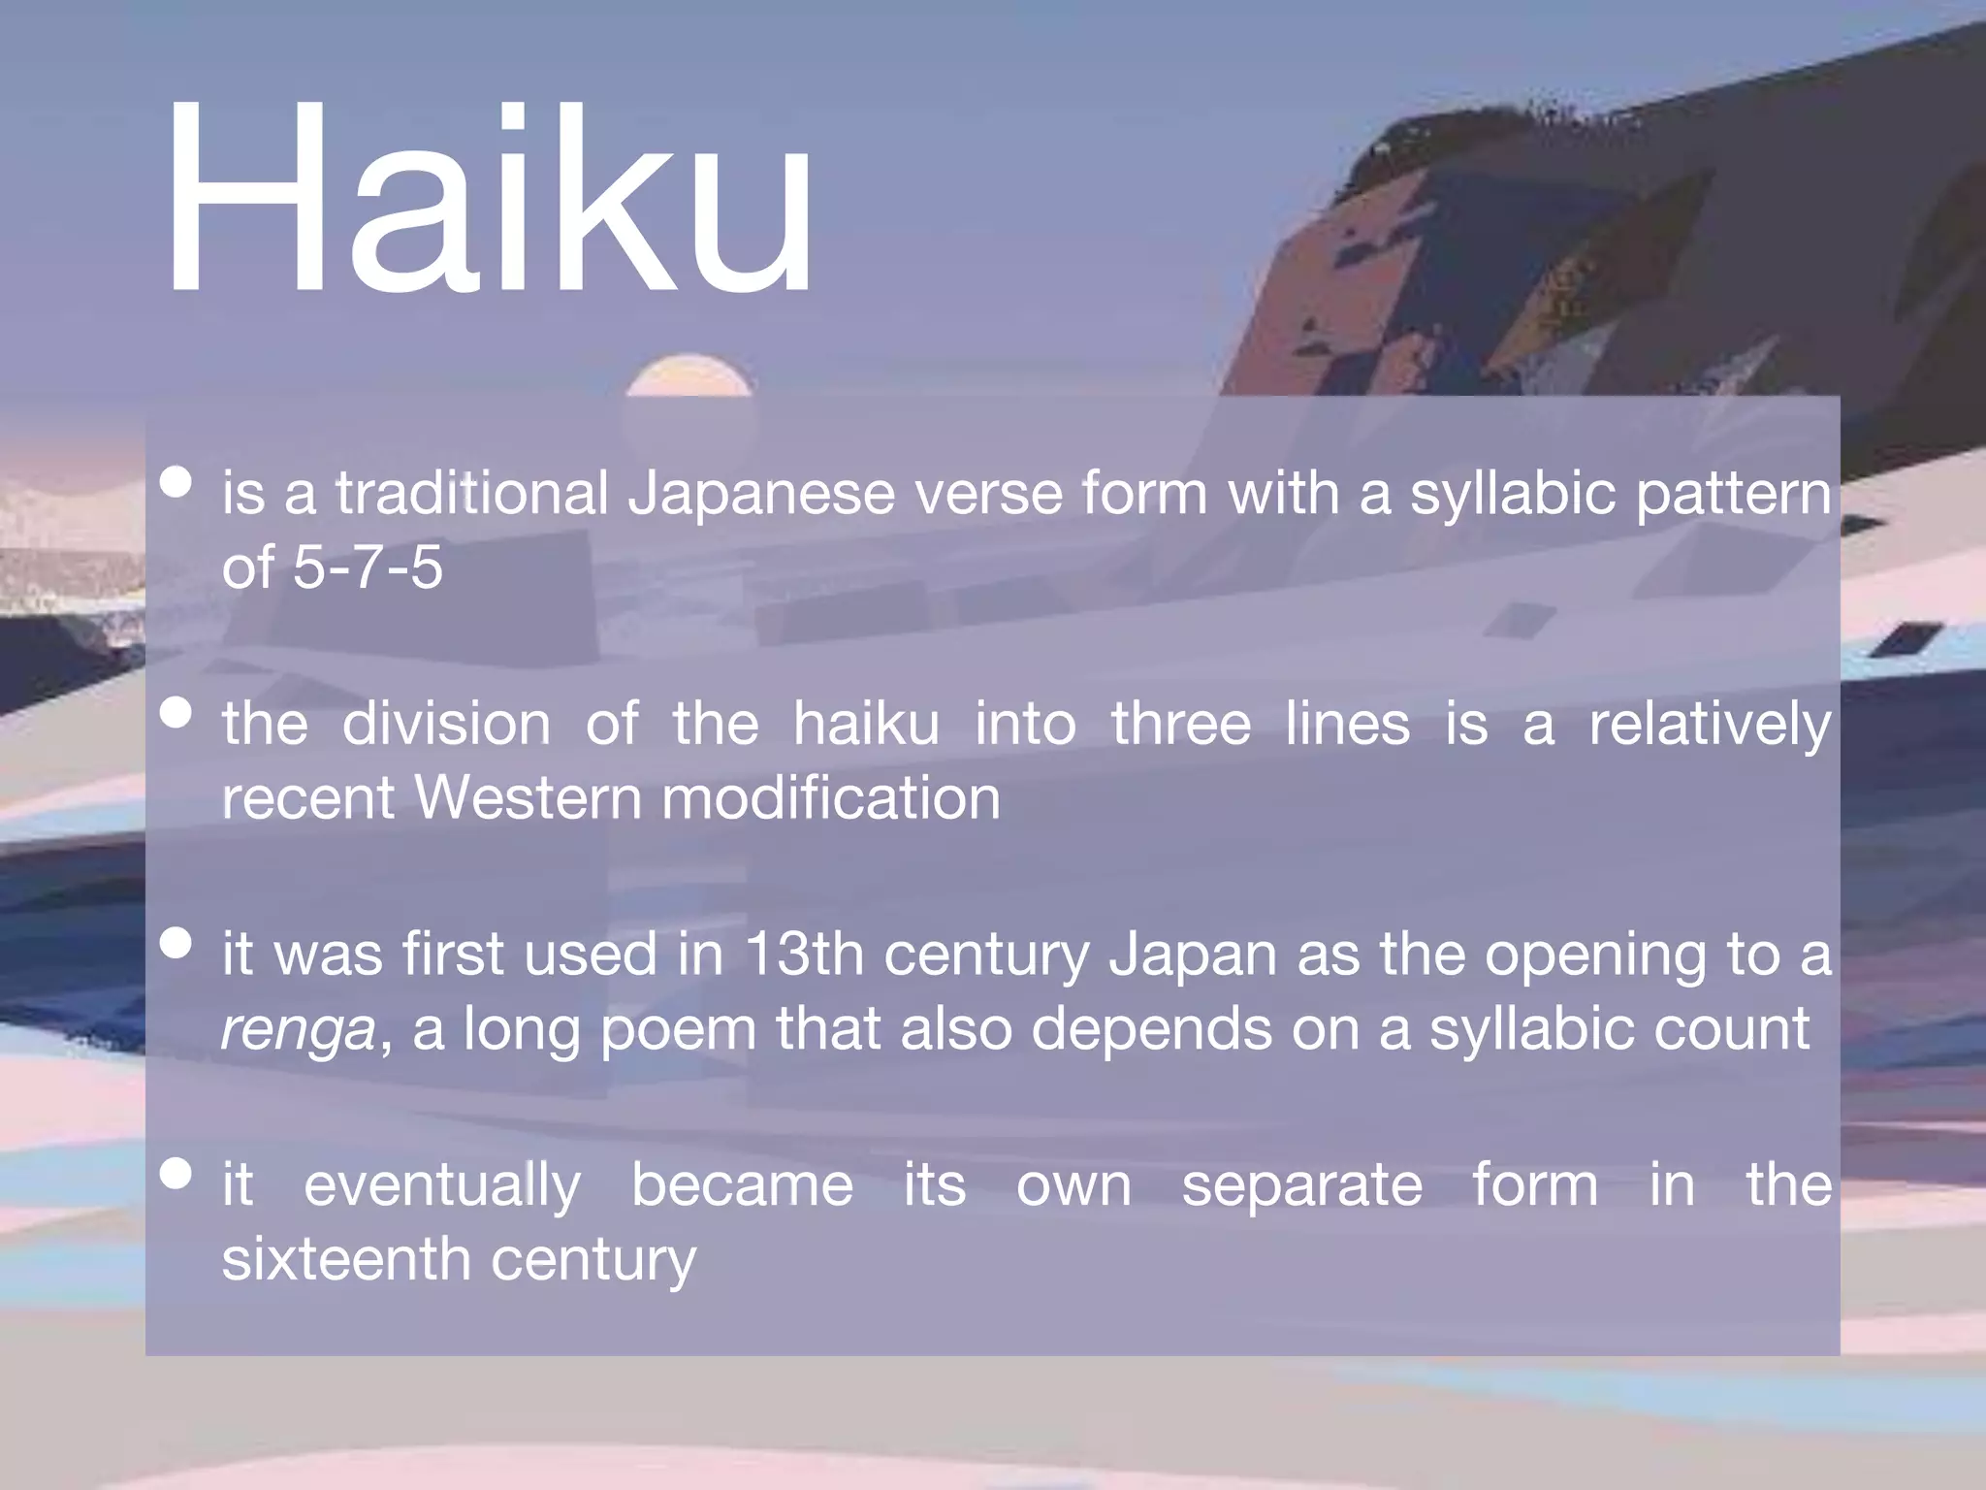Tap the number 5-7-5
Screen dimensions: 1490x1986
click(x=368, y=567)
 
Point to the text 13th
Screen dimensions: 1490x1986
click(x=804, y=955)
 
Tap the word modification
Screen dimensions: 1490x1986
click(x=830, y=798)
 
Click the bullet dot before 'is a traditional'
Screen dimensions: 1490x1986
click(x=176, y=482)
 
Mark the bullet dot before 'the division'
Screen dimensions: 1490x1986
click(x=176, y=713)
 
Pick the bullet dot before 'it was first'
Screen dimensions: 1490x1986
click(x=176, y=943)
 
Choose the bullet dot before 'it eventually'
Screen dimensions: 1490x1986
click(x=176, y=1174)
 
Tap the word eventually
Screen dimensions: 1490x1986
click(x=442, y=1186)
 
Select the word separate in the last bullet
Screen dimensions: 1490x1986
click(x=1301, y=1186)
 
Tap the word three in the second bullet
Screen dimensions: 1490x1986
click(x=1180, y=725)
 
